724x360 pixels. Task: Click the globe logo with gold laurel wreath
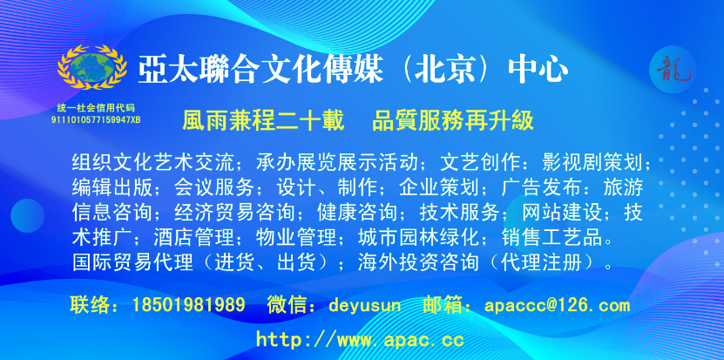click(x=91, y=67)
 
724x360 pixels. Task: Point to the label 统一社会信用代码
click(x=96, y=109)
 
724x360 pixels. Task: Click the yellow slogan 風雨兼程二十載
click(x=264, y=121)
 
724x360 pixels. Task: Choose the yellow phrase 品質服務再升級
click(x=453, y=121)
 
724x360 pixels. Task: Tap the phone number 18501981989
click(x=188, y=305)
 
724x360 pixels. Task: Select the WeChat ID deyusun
click(x=365, y=305)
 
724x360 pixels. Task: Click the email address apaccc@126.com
click(x=558, y=305)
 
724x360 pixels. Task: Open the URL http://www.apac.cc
click(x=360, y=340)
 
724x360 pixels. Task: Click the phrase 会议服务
click(x=214, y=187)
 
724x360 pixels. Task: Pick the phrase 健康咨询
click(x=357, y=213)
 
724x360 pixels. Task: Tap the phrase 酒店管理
click(x=194, y=238)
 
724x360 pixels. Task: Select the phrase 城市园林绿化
click(x=419, y=238)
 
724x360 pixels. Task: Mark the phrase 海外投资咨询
click(x=418, y=262)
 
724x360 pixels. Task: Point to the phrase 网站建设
click(x=563, y=213)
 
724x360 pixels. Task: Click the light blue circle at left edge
click(x=27, y=216)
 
